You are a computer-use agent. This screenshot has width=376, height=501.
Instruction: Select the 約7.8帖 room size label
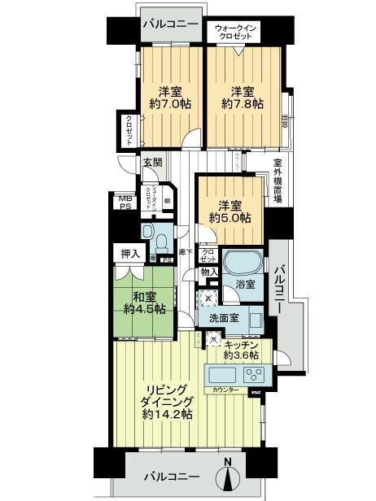(243, 104)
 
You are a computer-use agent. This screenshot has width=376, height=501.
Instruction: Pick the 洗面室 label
(222, 318)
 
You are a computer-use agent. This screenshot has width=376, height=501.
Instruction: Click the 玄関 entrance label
(152, 162)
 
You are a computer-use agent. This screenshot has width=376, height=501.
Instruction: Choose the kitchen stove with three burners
(252, 376)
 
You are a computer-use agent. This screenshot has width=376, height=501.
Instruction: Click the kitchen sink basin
(221, 376)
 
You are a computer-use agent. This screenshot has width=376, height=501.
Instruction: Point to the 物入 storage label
(209, 272)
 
